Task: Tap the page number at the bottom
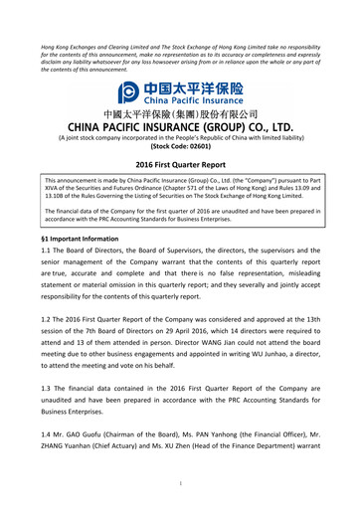pyautogui.click(x=180, y=484)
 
